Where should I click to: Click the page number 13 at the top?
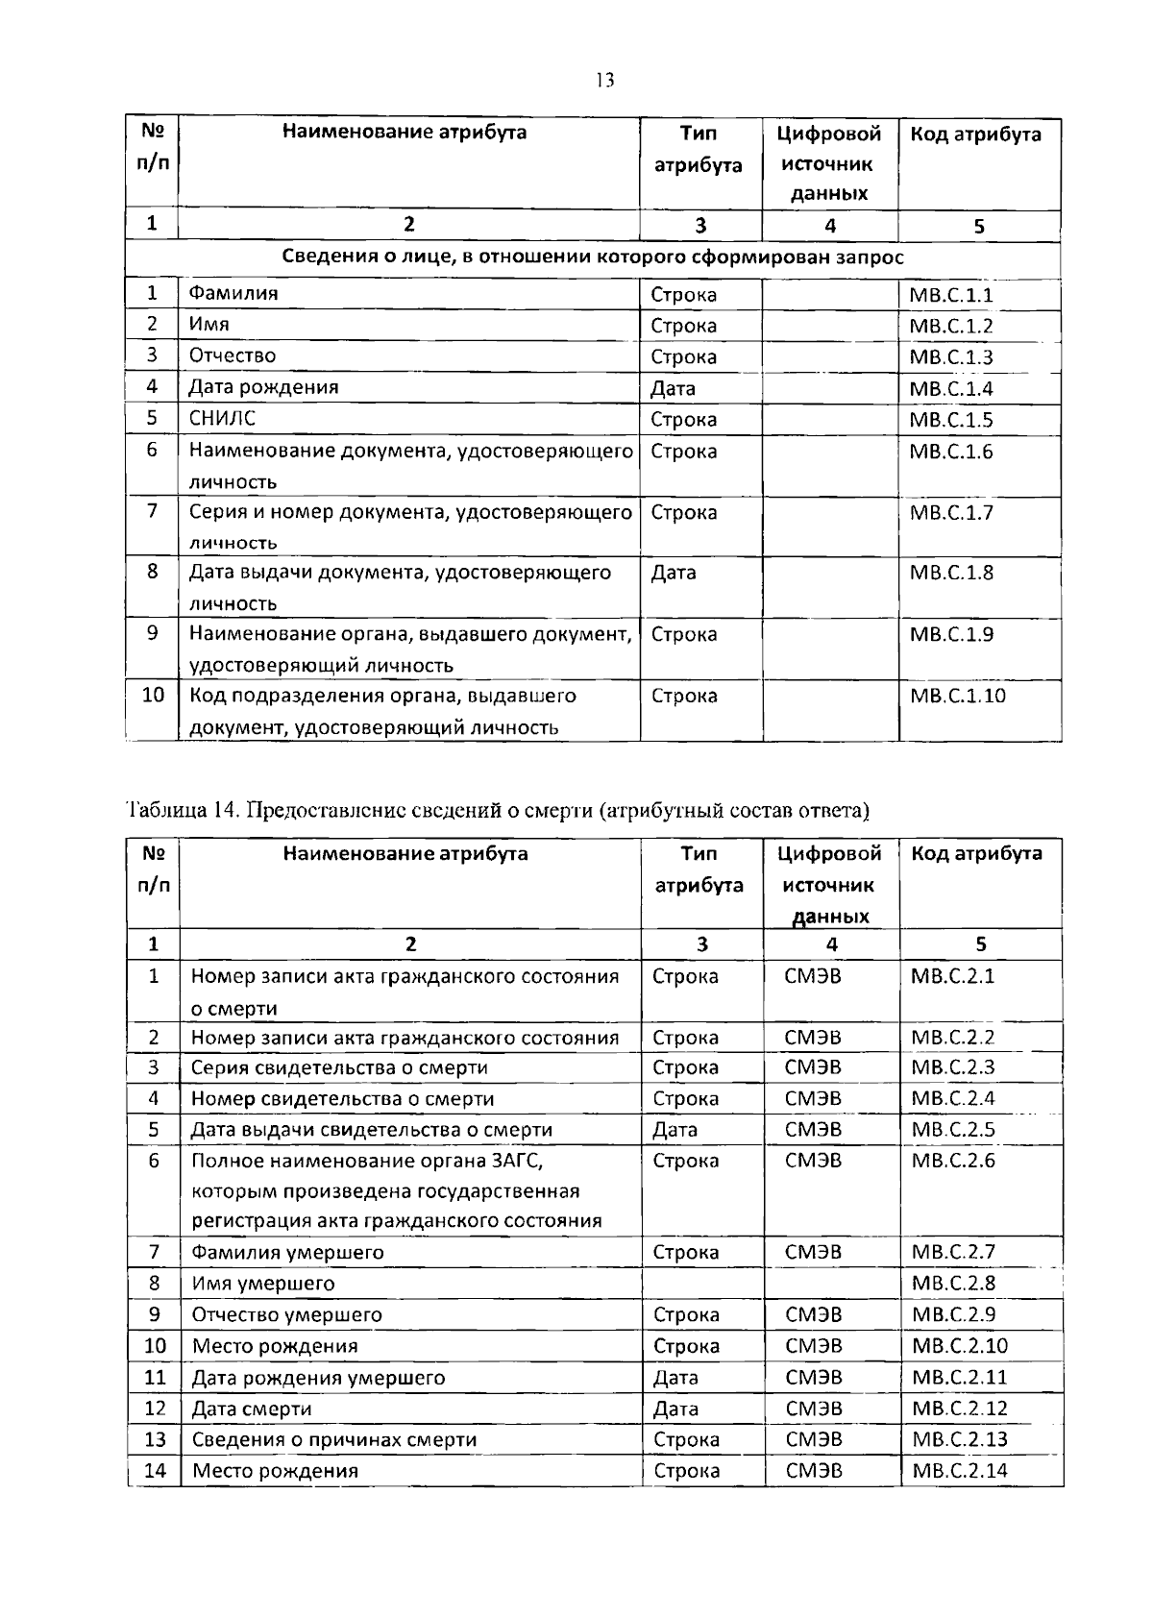click(x=604, y=80)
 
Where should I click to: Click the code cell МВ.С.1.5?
click(x=950, y=420)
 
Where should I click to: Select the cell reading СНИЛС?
click(x=222, y=418)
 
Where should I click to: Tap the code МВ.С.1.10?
click(x=957, y=696)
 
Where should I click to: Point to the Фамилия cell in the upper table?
click(x=233, y=293)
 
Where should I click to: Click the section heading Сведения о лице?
click(x=592, y=257)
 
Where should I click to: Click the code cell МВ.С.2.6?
click(x=952, y=1161)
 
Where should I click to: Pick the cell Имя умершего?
click(x=263, y=1284)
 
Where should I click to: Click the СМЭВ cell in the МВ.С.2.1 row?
click(x=813, y=977)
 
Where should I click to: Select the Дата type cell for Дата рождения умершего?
click(x=675, y=1378)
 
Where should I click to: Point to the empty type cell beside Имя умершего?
click(x=702, y=1284)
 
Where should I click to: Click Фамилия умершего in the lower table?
click(x=287, y=1252)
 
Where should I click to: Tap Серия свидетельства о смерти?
click(x=339, y=1067)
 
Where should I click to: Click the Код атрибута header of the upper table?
click(x=975, y=135)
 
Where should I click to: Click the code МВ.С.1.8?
click(x=950, y=573)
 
